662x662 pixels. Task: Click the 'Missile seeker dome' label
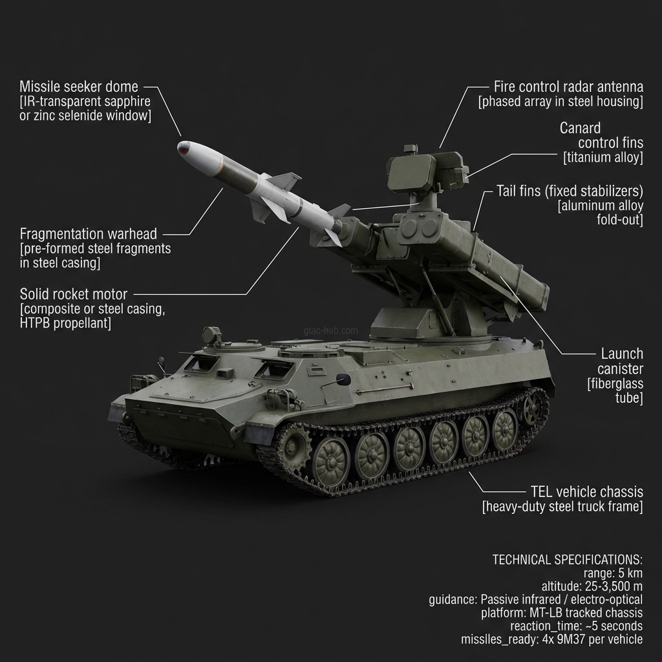(79, 87)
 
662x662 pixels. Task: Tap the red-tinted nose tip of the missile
(184, 147)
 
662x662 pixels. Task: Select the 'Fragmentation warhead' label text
(89, 233)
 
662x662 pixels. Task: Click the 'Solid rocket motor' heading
(74, 294)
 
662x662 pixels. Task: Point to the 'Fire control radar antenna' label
(568, 87)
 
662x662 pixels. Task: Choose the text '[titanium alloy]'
(603, 158)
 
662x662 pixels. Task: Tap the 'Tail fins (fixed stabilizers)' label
(570, 191)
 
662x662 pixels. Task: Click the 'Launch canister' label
(621, 361)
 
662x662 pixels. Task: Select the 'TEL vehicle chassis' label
(585, 491)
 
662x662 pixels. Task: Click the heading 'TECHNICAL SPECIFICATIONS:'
(568, 559)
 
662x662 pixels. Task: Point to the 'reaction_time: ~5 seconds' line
(576, 626)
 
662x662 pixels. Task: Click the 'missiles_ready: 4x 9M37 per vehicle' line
(552, 639)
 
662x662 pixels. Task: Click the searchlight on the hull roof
(209, 334)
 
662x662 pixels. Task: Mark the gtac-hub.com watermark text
(330, 330)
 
